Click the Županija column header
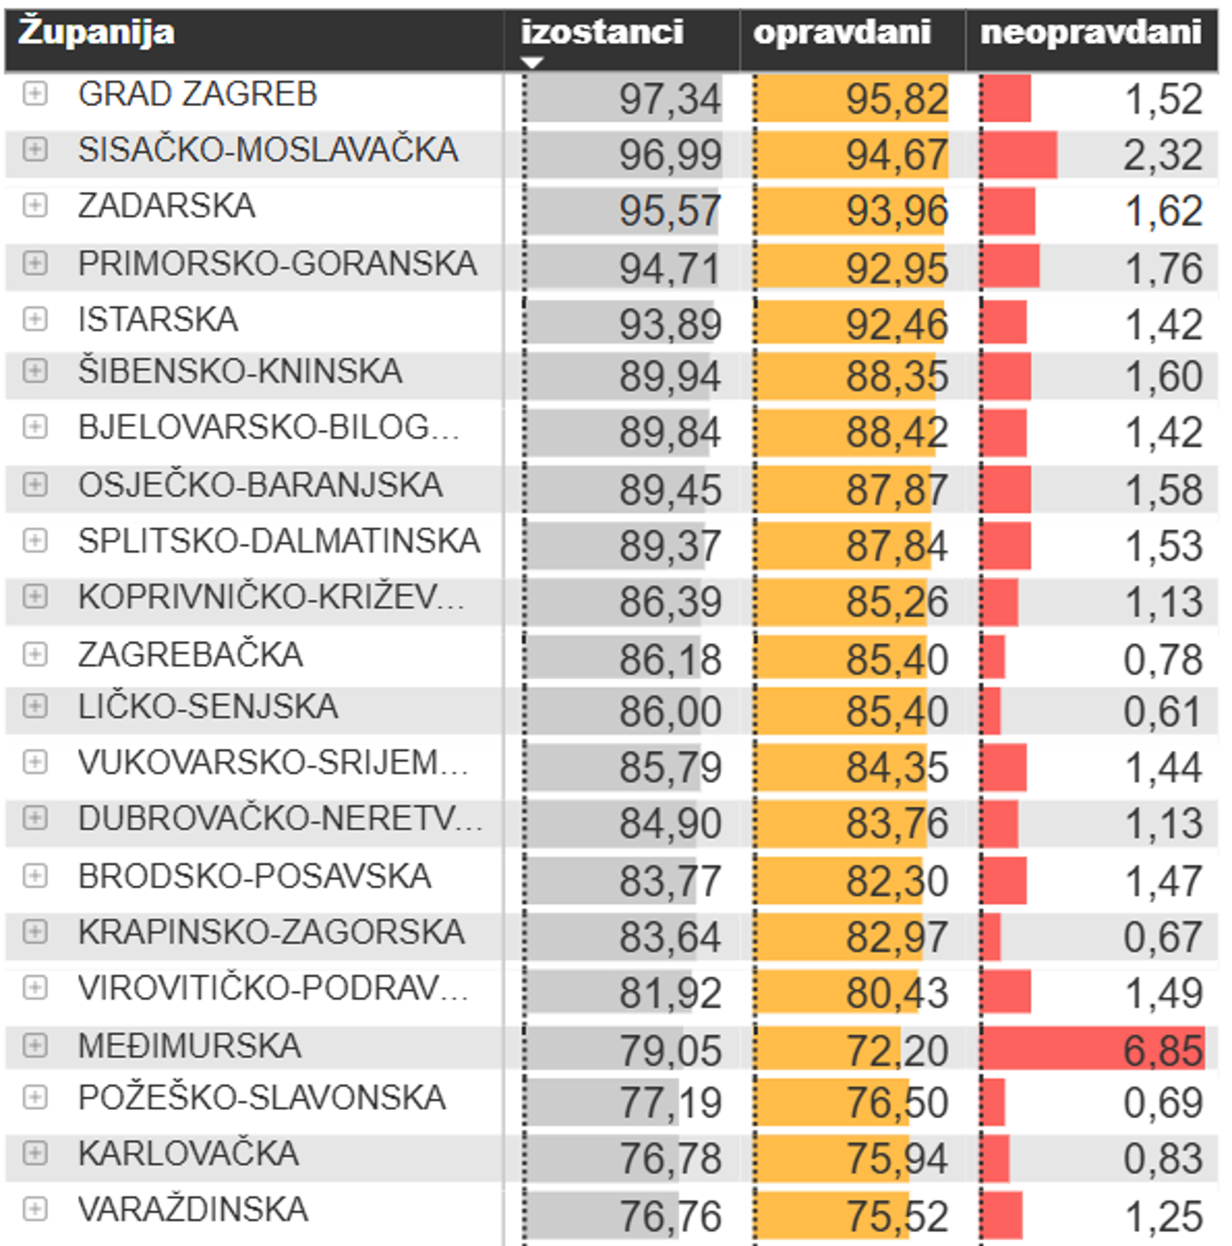pos(97,32)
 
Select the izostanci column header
pos(602,32)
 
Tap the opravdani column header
pos(842,32)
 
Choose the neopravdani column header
pos(1091,32)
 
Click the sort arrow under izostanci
pos(532,62)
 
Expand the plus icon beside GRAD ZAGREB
pos(35,94)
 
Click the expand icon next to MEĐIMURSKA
pos(35,1046)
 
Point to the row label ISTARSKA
pos(158,319)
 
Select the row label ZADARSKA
pos(167,206)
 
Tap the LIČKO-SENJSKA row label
pos(208,706)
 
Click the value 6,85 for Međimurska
pos(1162,1050)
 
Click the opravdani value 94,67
pos(897,156)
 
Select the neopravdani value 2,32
pos(1162,156)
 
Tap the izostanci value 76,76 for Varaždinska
pos(669,1216)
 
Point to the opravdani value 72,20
pos(897,1050)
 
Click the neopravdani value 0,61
pos(1162,711)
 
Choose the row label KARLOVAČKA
pos(188,1153)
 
